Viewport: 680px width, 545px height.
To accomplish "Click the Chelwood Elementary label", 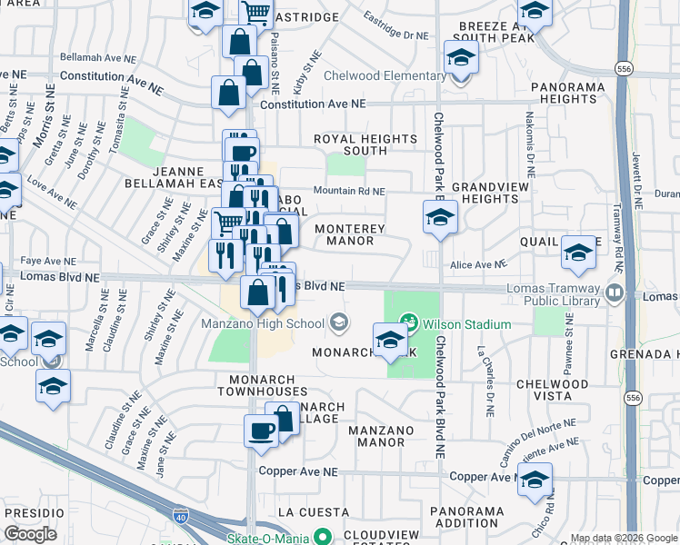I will point(383,75).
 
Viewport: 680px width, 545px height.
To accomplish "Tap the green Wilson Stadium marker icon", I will point(409,322).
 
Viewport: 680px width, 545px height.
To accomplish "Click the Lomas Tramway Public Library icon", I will point(614,293).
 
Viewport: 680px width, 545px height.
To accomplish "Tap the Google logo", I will point(30,534).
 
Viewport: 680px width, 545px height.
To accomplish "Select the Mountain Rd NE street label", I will point(350,192).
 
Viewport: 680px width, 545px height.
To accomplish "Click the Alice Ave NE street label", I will point(477,264).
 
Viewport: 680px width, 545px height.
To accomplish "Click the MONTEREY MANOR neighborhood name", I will point(350,235).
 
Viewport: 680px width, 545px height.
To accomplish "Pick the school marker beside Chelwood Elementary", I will point(461,59).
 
